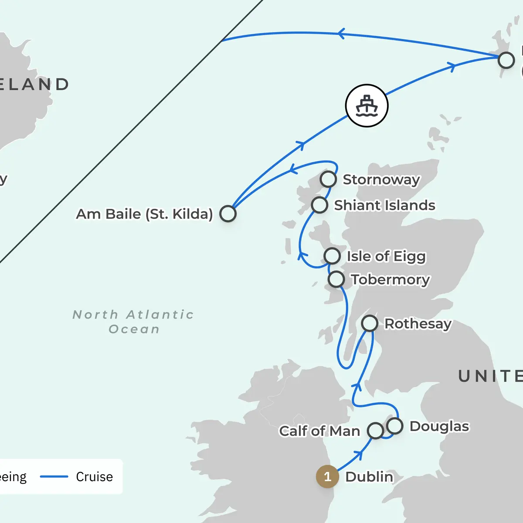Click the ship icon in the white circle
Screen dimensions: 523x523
point(367,105)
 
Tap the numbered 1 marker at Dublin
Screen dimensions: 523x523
point(327,476)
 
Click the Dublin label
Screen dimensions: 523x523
point(369,476)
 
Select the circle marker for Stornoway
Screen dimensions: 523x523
point(328,179)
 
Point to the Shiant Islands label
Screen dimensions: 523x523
point(384,205)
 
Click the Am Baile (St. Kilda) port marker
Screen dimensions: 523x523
point(228,214)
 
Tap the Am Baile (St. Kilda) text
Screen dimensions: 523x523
point(144,214)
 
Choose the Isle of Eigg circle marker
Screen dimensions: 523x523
point(332,256)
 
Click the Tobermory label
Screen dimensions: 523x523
point(390,279)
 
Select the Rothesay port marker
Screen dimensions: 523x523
point(370,323)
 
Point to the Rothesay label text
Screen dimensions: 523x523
point(418,324)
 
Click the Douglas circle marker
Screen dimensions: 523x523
point(395,426)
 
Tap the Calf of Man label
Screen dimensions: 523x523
point(319,431)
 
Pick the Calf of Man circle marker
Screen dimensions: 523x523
point(375,431)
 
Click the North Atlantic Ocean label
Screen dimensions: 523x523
point(133,322)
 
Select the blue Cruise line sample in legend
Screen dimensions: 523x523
point(54,476)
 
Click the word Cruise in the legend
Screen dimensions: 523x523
point(94,476)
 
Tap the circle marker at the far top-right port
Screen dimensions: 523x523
point(506,60)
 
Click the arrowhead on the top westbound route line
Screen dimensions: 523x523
point(341,34)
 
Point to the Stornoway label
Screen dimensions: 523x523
point(381,179)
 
